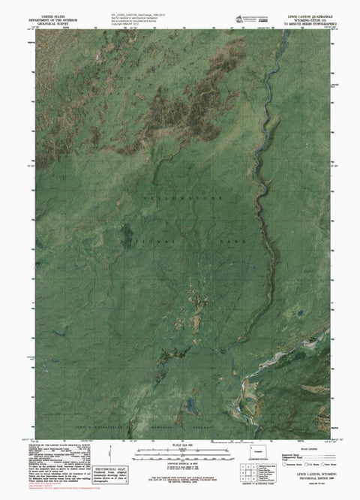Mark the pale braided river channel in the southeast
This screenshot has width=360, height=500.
pyautogui.click(x=247, y=384)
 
